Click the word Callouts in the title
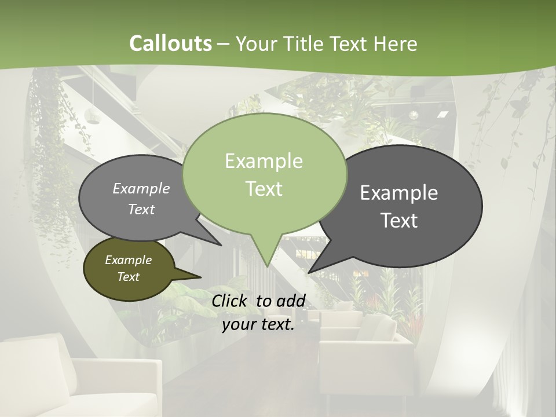[x=170, y=43]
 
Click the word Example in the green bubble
[x=264, y=161]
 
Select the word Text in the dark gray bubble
[x=400, y=221]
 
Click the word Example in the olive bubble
[x=128, y=260]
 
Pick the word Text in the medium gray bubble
[x=141, y=210]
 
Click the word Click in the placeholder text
[x=229, y=301]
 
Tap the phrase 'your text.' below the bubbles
[x=258, y=324]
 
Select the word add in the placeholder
[x=291, y=301]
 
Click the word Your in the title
[x=257, y=43]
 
